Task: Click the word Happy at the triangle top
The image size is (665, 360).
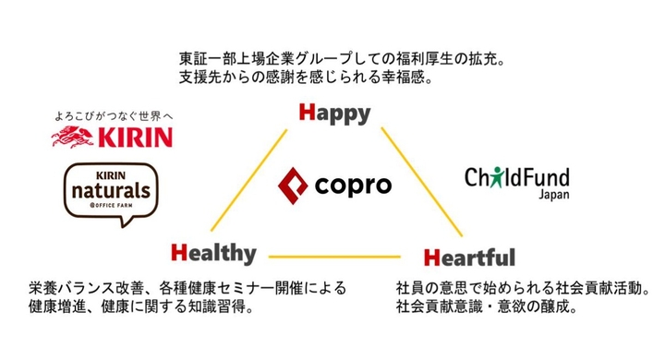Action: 334,114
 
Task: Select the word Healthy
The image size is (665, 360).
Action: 213,251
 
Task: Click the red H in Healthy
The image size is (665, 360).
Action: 179,251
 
